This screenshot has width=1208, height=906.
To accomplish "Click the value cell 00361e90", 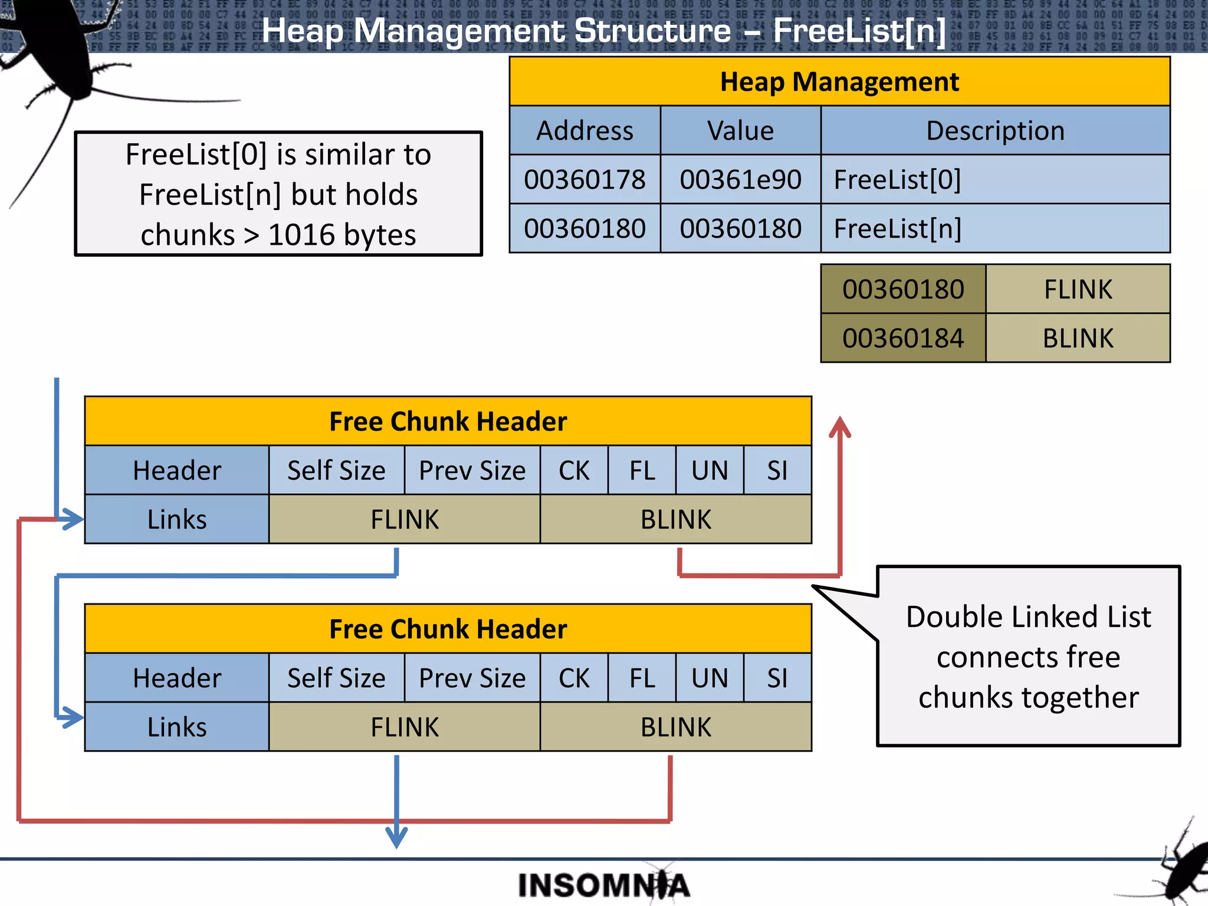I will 740,179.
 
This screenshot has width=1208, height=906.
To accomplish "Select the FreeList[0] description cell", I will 994,179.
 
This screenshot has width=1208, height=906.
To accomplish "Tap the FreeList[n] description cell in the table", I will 994,228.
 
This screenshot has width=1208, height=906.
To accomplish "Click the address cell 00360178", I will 585,179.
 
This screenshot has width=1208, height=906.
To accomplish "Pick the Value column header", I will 740,130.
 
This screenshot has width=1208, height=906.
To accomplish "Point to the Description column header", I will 994,130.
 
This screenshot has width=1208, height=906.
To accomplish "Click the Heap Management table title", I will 839,81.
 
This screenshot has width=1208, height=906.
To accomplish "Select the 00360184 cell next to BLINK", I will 902,338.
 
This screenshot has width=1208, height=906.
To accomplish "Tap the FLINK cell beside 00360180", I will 1078,289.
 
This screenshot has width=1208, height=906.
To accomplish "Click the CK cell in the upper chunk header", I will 574,470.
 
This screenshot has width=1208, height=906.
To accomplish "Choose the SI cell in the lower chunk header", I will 777,678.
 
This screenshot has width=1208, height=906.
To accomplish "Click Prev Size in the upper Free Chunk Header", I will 472,470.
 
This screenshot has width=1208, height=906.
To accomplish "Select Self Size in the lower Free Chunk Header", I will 336,678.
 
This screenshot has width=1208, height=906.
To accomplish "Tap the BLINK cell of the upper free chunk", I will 675,519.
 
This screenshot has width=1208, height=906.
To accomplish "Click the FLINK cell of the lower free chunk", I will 405,727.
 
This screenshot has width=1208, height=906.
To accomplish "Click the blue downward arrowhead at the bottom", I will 396,838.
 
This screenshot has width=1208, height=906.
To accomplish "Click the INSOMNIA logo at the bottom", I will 603,885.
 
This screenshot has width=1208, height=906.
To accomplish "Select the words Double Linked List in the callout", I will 1028,617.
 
